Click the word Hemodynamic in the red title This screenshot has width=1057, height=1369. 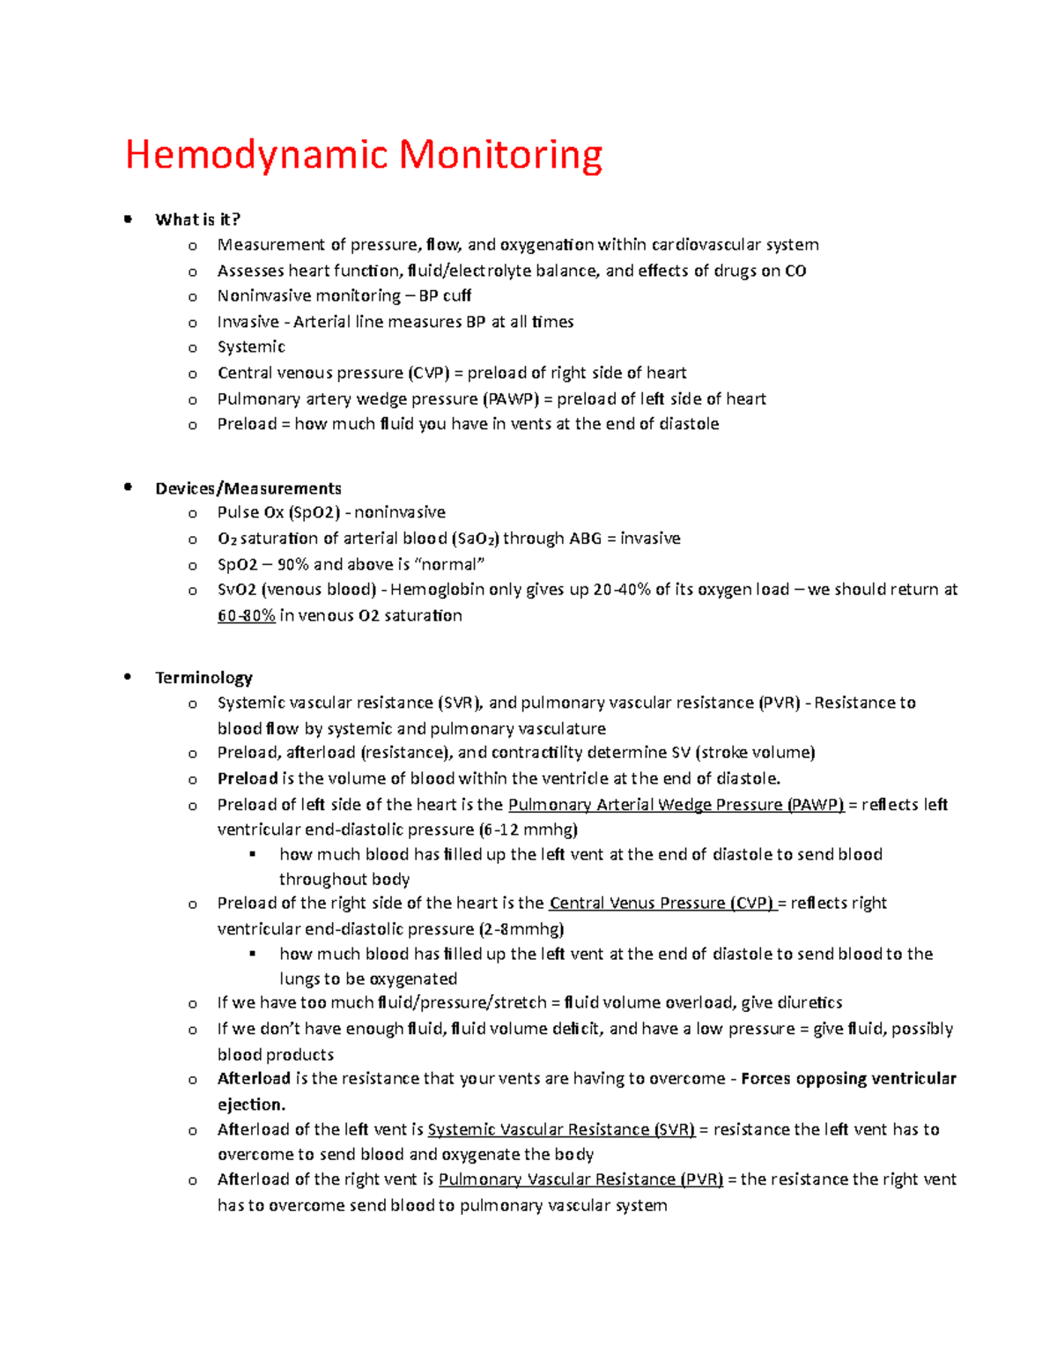tap(256, 156)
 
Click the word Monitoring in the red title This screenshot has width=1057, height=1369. tap(500, 156)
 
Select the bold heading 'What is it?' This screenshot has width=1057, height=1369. tap(197, 219)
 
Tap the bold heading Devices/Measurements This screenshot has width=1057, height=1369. tap(248, 488)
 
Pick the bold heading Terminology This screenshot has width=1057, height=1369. tap(203, 677)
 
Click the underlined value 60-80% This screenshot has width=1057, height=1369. tap(246, 615)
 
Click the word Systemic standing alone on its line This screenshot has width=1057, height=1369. tap(251, 346)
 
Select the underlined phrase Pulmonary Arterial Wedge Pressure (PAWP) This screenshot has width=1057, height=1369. tap(676, 804)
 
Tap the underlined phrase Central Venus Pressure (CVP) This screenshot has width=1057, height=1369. tap(662, 903)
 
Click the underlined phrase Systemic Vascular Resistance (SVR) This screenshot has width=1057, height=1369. tap(561, 1129)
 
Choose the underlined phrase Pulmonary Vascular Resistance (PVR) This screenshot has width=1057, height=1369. tap(580, 1179)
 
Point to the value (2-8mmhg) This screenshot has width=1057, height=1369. tap(521, 928)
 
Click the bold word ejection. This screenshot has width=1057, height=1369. tap(251, 1105)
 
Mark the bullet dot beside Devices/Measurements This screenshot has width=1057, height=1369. tap(129, 487)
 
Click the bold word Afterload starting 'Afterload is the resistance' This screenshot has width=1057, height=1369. tap(254, 1078)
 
